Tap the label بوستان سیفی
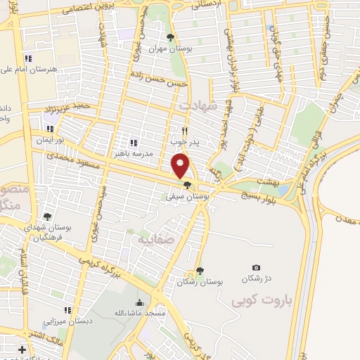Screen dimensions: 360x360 [x=186, y=197]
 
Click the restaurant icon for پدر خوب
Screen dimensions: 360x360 [x=185, y=130]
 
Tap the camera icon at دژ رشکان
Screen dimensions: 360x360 [x=256, y=267]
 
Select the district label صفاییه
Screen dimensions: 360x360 [x=150, y=238]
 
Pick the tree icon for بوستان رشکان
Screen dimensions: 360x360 [x=200, y=270]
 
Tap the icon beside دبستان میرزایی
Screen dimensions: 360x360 [x=67, y=309]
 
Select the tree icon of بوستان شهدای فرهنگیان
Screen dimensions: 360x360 [x=46, y=217]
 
